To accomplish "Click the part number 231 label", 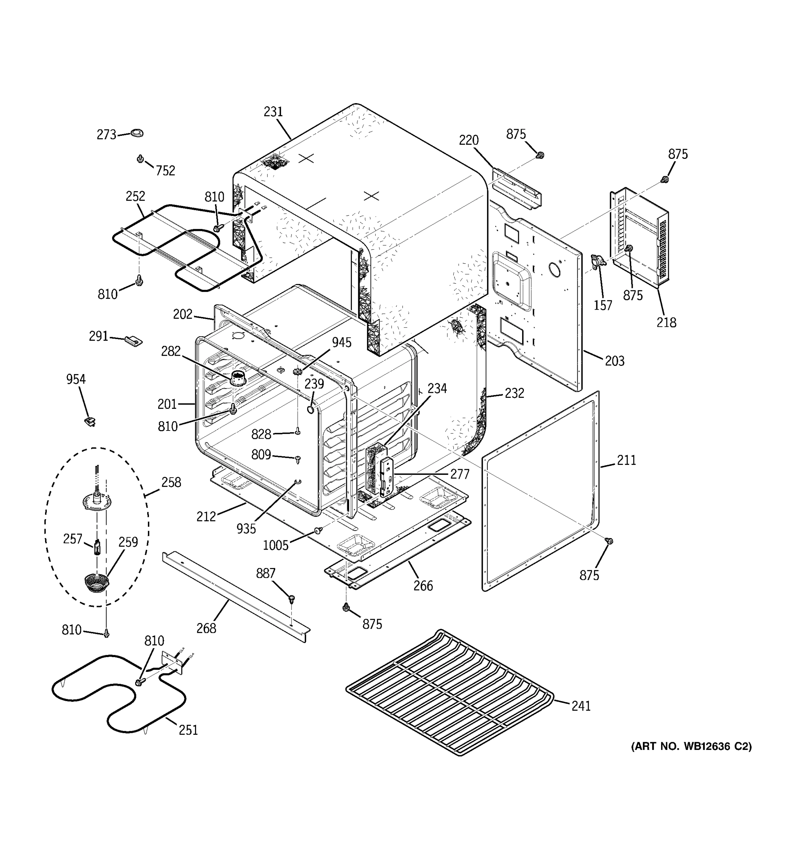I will (x=273, y=112).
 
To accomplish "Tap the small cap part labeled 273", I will (x=137, y=133).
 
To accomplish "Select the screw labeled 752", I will (x=140, y=159).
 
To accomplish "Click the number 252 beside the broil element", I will (x=135, y=196).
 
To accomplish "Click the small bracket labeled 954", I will (x=90, y=422).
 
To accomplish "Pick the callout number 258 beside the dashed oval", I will (x=171, y=483).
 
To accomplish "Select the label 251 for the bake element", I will (x=188, y=730).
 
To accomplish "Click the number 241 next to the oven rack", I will (x=581, y=706).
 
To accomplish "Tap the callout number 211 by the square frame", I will (x=626, y=460).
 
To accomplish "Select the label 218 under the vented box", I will (x=666, y=322).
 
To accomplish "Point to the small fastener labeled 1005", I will (x=318, y=531).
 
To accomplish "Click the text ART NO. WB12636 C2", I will (x=691, y=746).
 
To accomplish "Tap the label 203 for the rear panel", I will (x=614, y=361).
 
